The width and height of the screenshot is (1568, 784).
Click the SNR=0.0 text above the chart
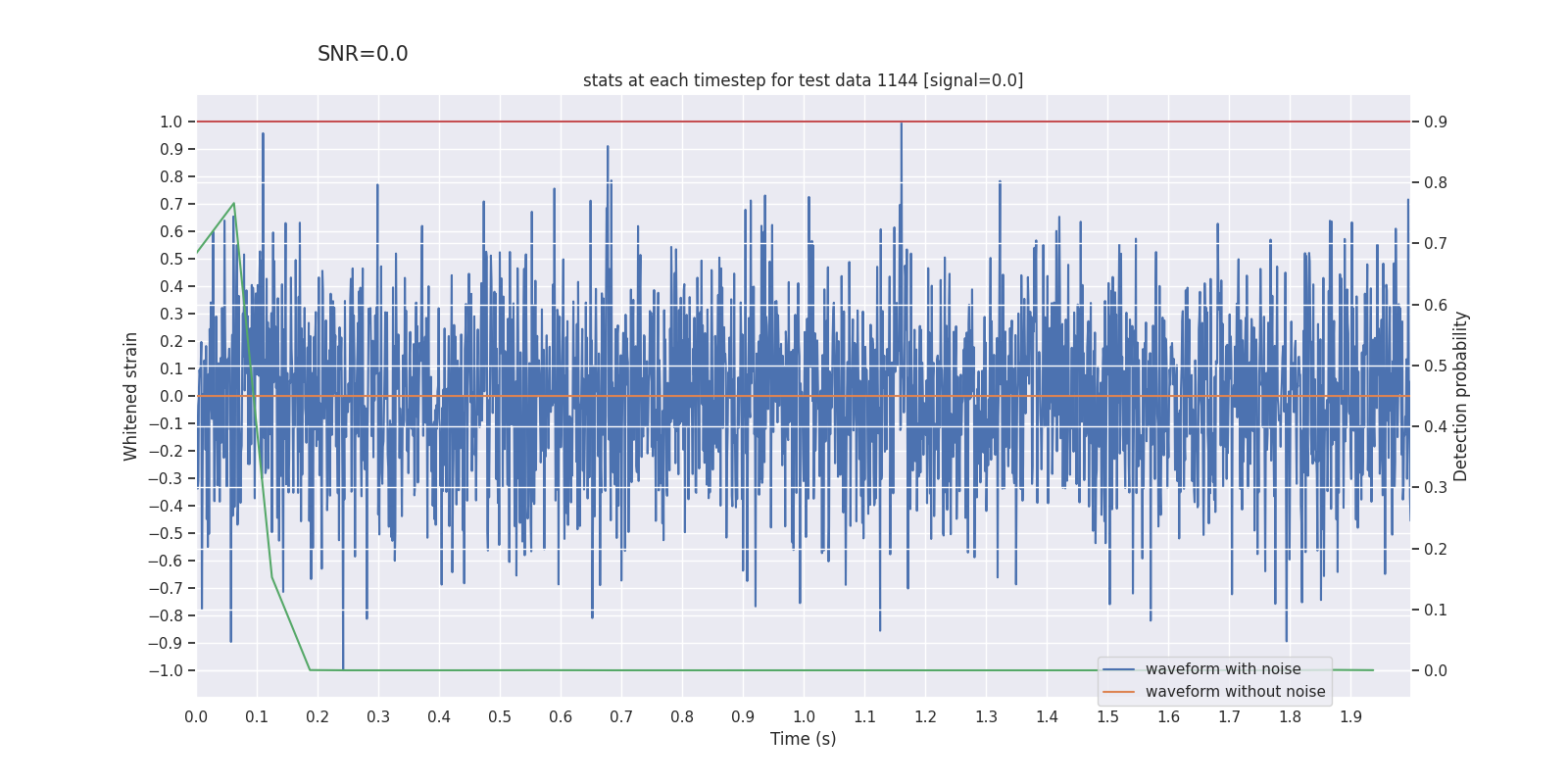pos(363,54)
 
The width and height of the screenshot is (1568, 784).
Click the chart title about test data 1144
pos(803,80)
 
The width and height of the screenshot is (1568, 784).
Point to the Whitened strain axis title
pos(131,396)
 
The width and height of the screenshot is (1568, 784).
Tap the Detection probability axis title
pos(1460,396)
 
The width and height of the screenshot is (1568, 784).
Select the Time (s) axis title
pos(803,739)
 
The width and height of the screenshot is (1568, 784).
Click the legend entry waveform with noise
pos(1222,669)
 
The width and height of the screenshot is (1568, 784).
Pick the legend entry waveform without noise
pos(1235,692)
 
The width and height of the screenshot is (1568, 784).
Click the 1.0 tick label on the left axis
pos(171,122)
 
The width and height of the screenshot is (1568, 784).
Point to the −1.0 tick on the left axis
pos(166,670)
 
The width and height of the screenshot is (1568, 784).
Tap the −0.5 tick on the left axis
pos(166,533)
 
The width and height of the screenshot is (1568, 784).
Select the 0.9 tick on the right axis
pos(1436,122)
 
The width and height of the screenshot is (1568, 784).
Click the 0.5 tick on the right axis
pos(1436,366)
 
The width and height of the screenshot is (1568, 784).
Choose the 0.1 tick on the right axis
pos(1436,610)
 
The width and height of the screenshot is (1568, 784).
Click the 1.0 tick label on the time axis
pos(804,716)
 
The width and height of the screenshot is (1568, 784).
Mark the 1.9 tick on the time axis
pos(1350,716)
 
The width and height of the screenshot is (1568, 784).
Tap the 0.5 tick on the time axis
pos(500,716)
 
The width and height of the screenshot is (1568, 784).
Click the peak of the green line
pos(233,204)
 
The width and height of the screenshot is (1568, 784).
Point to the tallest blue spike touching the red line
pos(901,123)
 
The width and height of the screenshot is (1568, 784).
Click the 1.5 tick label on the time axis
pos(1107,716)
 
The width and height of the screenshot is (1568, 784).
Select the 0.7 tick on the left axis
pos(171,204)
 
